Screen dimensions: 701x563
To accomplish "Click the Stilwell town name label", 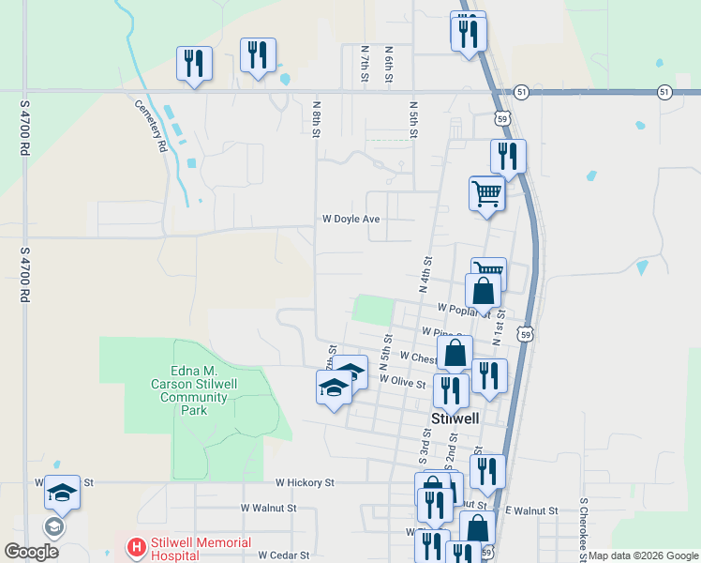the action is pos(455,418).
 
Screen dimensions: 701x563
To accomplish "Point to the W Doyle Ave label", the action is pos(350,219).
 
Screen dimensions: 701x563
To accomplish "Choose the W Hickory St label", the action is pos(305,482).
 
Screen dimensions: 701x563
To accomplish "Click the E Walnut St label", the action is pos(530,510).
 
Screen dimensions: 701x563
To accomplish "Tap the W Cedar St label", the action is pos(283,555).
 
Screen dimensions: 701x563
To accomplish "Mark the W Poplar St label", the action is pos(459,308).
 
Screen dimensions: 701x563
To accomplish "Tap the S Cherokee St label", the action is pos(582,531).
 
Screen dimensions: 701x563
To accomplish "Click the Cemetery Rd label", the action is pos(150,126).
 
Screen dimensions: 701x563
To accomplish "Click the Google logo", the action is pos(31,551).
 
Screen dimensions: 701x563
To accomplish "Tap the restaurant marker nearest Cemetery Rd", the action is pos(194,64).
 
